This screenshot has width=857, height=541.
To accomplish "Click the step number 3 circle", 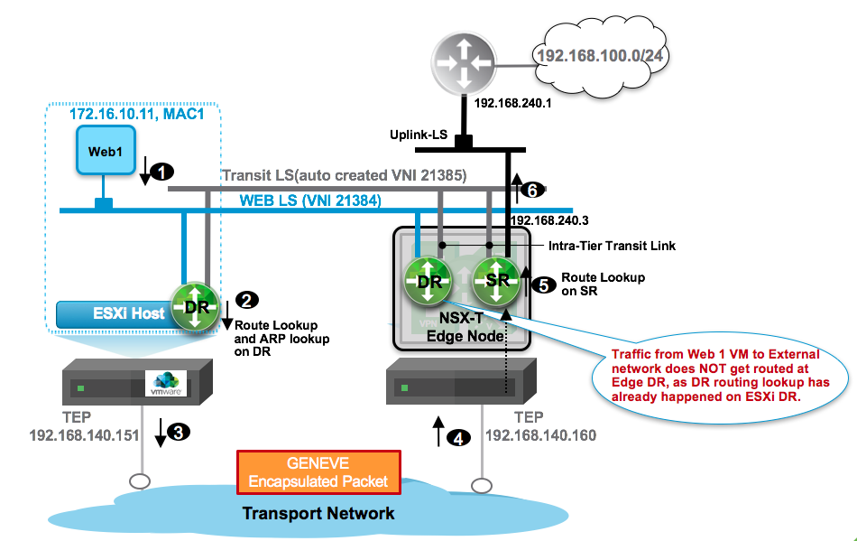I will click(x=179, y=432).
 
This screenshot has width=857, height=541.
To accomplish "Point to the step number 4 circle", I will click(x=460, y=439).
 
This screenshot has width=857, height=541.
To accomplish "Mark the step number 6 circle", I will click(x=532, y=191).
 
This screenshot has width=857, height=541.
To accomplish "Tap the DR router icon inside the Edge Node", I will click(x=428, y=281).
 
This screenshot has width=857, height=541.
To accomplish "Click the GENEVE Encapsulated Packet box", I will click(x=318, y=472).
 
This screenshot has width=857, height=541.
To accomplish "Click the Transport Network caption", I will click(x=318, y=513).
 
